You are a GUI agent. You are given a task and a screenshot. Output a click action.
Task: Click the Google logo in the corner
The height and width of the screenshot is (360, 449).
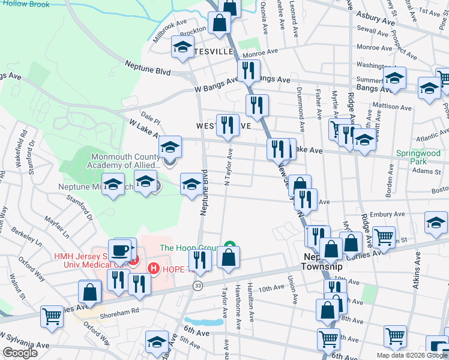click(20, 353)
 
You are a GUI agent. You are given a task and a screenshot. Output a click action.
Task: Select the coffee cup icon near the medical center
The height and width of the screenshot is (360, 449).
click(119, 249)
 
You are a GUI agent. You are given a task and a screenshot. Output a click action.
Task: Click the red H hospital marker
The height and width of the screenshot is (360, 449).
click(154, 268)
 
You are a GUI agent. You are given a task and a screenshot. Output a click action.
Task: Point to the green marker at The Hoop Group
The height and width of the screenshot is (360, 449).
click(228, 245)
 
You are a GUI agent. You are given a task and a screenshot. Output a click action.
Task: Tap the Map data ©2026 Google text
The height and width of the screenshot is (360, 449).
click(411, 355)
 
